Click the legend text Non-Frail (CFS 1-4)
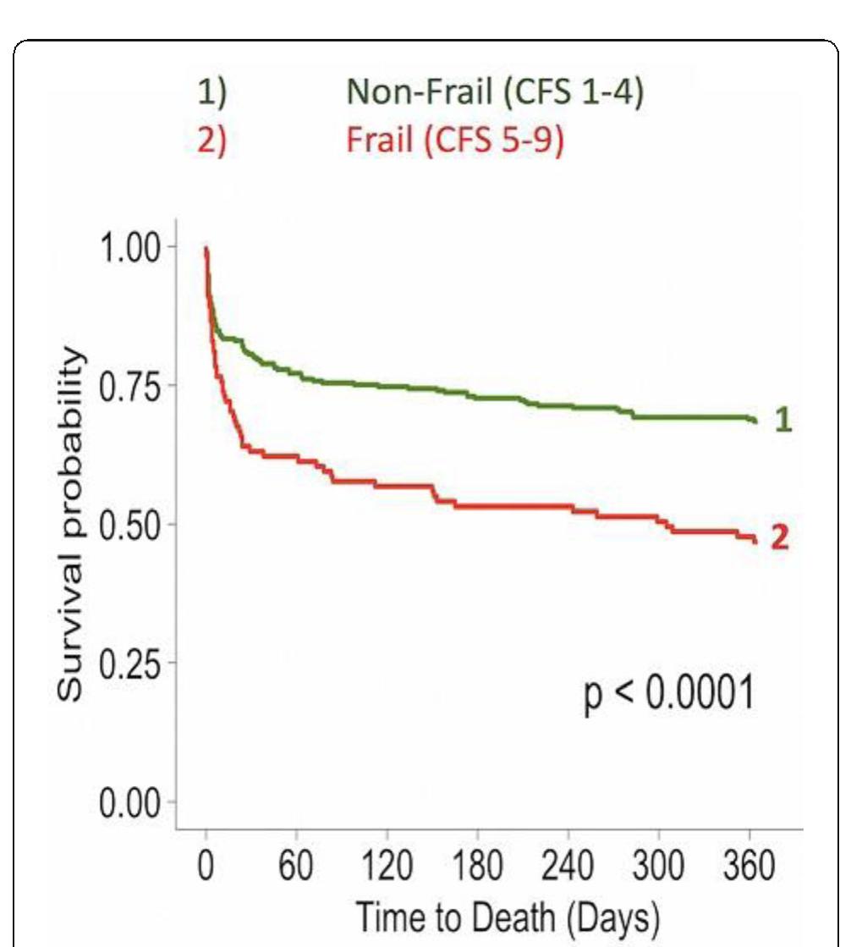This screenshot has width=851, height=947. coord(495,91)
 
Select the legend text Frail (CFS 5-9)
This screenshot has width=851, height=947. coord(454,140)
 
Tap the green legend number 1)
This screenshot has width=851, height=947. coord(212,92)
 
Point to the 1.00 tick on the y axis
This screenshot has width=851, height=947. coord(129,247)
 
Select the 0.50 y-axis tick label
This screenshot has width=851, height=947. coord(129,525)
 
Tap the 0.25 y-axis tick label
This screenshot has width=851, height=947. coord(129,663)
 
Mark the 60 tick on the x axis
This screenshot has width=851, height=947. coord(296,867)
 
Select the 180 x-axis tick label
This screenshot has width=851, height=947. coord(478,867)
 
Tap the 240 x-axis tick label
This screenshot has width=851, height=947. coord(568,867)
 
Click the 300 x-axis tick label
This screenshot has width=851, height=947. coord(659,867)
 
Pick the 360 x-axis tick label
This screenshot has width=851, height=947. coord(749,867)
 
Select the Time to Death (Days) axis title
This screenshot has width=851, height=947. coord(507,917)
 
